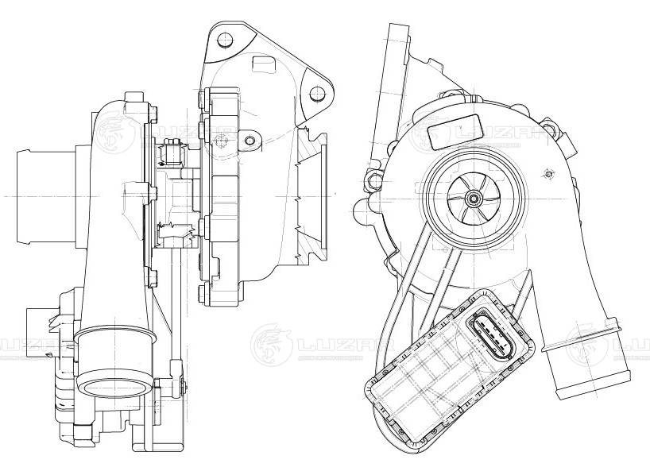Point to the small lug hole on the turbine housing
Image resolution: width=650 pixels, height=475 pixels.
tap(250, 141)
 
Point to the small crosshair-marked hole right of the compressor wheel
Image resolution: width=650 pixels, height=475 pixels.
tap(548, 173)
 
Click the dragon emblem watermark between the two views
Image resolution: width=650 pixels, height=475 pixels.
tap(270, 343)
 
